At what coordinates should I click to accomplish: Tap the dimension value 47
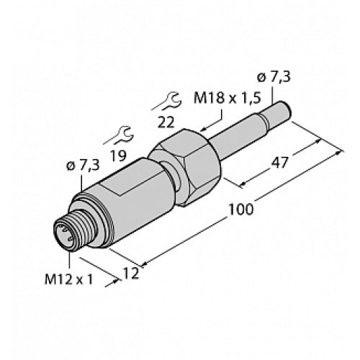click(282, 163)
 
